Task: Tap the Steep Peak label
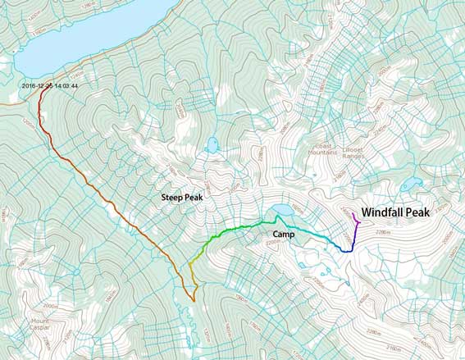coord(182,198)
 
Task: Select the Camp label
coord(284,235)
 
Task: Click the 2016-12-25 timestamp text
coord(49,84)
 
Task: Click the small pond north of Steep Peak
coord(213,146)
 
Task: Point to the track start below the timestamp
coord(39,92)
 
